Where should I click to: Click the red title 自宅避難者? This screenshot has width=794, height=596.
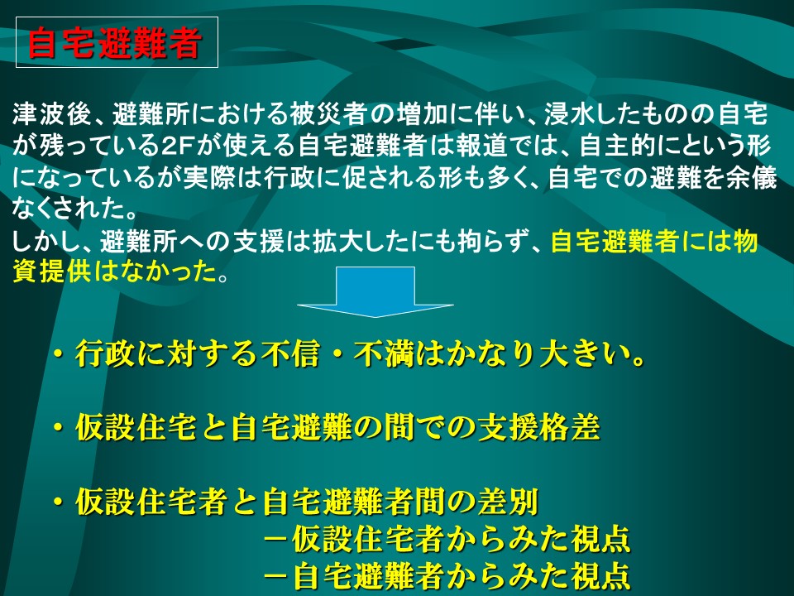coord(114,43)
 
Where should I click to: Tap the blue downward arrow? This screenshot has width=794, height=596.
coord(375,291)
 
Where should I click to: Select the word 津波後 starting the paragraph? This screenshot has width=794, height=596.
coord(51,114)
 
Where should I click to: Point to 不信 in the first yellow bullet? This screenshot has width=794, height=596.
coord(290,353)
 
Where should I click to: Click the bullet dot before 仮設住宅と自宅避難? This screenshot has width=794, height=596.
coord(59,428)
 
